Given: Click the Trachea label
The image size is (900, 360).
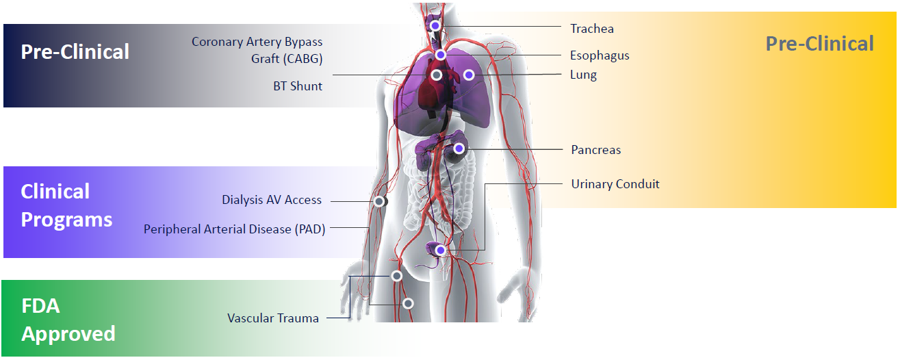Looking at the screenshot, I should point(592,29).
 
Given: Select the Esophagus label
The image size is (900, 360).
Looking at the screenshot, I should point(600,55).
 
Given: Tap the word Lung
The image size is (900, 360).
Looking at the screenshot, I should point(583,75).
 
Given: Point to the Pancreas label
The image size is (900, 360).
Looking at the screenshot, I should point(595,149).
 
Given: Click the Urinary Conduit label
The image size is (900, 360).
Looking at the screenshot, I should point(615,184).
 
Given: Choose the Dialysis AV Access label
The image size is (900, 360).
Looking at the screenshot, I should point(272,200).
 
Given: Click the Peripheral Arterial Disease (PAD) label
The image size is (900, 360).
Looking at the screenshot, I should point(234,229).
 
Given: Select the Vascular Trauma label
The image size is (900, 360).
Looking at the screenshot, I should point(273,318).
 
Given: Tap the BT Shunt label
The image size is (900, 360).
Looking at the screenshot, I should point(298,86).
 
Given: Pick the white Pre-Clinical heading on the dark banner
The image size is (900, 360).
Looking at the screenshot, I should point(75,51).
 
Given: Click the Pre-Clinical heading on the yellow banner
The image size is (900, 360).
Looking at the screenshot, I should point(819,44).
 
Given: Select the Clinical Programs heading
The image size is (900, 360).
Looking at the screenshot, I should point(66,205).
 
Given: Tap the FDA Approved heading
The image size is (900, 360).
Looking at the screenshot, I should point(68,320).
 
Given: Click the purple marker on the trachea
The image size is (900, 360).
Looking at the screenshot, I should point(435,25).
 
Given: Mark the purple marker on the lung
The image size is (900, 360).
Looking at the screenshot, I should point(469,74).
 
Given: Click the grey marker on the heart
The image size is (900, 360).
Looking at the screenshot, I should point(436,75).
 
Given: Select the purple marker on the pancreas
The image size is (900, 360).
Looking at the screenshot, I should point(459,148).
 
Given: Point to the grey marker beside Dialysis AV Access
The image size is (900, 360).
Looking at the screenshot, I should point(378,201).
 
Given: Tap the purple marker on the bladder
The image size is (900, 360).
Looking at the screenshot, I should point(440,250).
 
